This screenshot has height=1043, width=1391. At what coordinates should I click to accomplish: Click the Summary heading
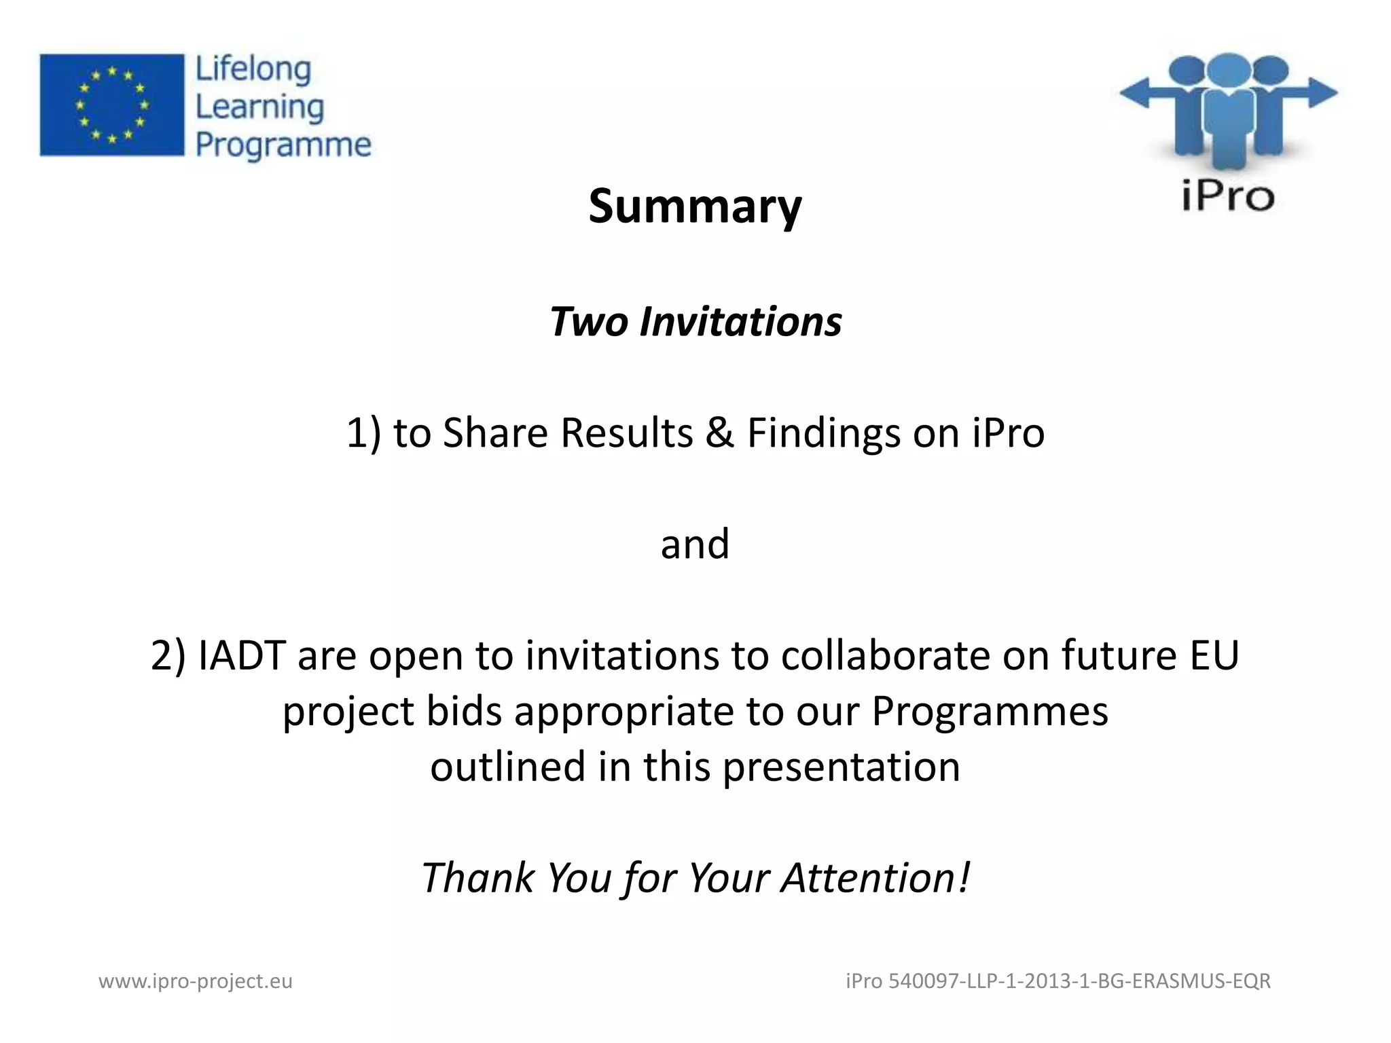pyautogui.click(x=695, y=206)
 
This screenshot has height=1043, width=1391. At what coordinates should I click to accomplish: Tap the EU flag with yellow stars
pyautogui.click(x=112, y=105)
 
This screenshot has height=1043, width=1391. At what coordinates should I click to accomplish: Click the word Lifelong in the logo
pyautogui.click(x=253, y=69)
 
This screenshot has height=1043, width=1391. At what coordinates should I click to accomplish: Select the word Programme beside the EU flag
pyautogui.click(x=283, y=145)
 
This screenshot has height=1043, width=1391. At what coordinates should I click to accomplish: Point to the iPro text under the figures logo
pyautogui.click(x=1227, y=196)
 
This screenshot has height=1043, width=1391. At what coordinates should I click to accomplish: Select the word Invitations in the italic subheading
pyautogui.click(x=740, y=321)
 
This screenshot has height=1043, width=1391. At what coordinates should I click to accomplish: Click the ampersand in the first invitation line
pyautogui.click(x=719, y=433)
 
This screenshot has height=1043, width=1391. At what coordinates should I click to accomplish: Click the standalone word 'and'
pyautogui.click(x=695, y=544)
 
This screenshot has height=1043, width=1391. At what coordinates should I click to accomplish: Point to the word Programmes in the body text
pyautogui.click(x=990, y=712)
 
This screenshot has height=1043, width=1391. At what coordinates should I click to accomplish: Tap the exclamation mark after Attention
pyautogui.click(x=964, y=877)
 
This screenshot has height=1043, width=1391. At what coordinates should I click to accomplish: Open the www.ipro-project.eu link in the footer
pyautogui.click(x=196, y=981)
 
